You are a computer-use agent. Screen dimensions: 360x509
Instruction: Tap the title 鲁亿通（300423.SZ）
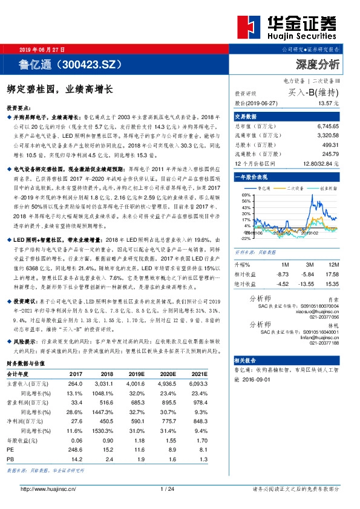pos(71,63)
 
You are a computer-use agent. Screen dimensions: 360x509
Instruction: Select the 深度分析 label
pos(318,63)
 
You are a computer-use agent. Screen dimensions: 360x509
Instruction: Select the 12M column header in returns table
pos(333,264)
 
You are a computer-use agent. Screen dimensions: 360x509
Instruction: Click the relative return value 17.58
pos(332,273)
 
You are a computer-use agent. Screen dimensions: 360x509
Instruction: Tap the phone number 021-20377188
pos(324,343)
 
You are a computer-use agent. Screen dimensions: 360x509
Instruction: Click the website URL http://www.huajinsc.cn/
pos(48,488)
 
